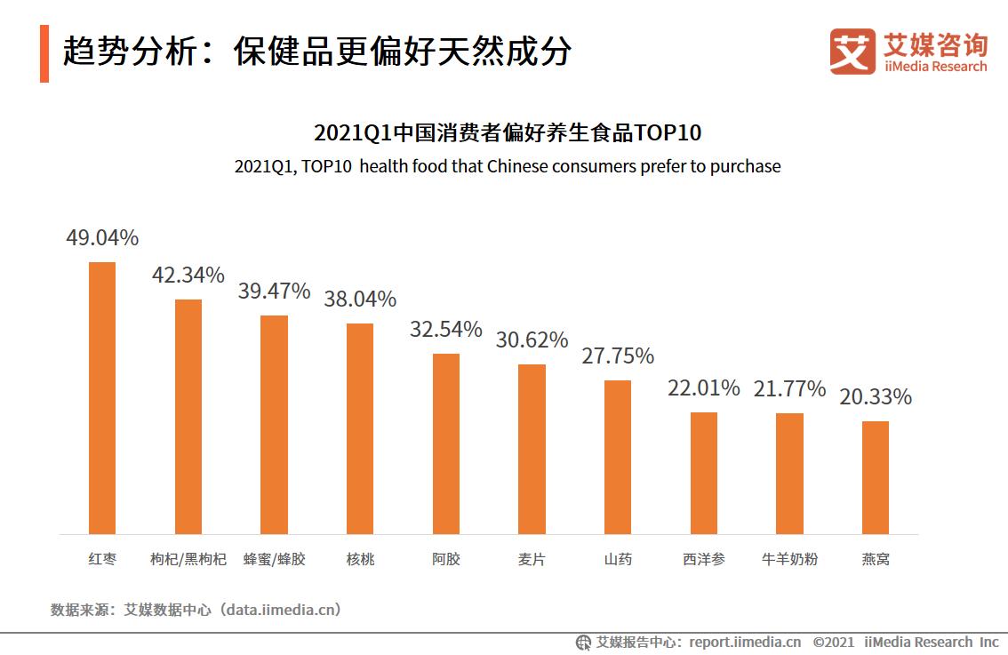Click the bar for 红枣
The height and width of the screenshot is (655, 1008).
(102, 397)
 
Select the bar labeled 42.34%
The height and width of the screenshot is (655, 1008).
(188, 416)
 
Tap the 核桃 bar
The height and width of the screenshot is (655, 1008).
(360, 427)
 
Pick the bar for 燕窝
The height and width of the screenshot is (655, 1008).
(876, 477)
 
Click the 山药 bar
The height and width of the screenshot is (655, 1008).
(618, 457)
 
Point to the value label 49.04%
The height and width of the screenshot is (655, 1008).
(102, 238)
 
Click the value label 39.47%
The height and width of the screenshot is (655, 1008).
(274, 292)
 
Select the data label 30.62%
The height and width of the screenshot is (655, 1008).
(532, 340)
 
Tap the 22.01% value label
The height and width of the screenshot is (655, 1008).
(703, 388)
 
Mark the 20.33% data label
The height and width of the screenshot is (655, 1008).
(876, 397)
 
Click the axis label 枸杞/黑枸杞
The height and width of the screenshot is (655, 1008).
(188, 560)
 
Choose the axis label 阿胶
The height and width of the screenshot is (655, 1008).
(446, 560)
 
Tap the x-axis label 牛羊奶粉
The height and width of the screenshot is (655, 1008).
(789, 560)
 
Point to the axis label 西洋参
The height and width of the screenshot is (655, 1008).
(703, 560)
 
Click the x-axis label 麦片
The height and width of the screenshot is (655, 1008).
(532, 560)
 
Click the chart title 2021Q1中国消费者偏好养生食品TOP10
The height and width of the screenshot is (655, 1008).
(508, 133)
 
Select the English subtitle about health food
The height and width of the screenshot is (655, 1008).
(508, 166)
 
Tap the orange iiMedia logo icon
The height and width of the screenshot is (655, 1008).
(852, 52)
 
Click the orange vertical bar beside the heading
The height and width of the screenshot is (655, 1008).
(44, 53)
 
